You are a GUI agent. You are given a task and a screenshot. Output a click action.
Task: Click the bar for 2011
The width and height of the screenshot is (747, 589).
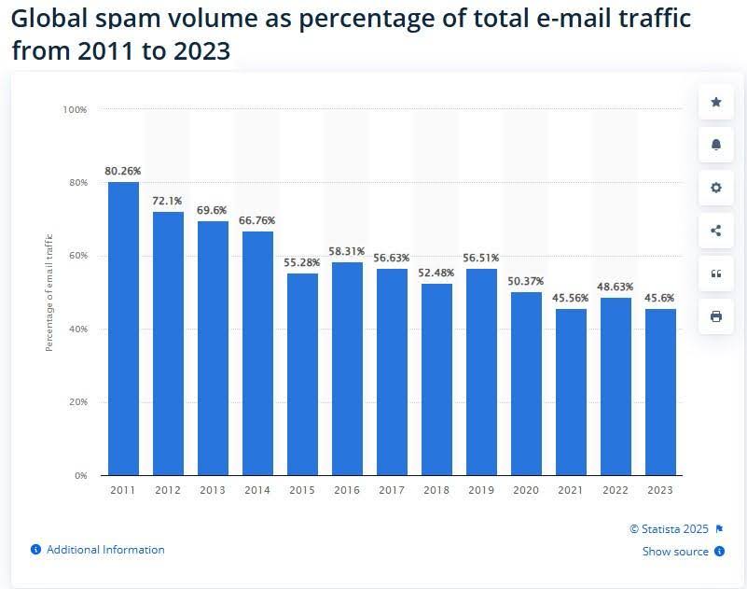coord(123,328)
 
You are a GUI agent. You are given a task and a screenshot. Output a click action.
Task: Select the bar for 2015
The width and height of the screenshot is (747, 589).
coord(302,373)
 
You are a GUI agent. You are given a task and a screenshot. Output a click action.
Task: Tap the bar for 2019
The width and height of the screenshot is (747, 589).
coord(481,372)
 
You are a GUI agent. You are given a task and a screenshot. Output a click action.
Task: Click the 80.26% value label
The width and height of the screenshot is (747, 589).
coord(123,171)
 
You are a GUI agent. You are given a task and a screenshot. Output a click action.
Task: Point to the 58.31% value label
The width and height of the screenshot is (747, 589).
coord(347,251)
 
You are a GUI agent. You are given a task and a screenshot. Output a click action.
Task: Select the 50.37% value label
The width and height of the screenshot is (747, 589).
coord(526,281)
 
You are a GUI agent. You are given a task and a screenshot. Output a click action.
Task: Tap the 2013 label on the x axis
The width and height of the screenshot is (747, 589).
coord(213,489)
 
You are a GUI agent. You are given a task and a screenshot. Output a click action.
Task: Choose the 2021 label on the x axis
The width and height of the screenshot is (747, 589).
coord(571,489)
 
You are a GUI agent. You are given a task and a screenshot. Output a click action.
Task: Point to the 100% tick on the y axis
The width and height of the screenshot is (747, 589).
coord(75,110)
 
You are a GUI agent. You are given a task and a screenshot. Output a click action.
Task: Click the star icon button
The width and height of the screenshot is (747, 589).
coord(715,102)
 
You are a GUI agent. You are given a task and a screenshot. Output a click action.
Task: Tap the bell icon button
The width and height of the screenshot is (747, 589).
coord(715,145)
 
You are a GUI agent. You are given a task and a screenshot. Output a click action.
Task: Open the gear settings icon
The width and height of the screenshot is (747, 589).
coord(715,188)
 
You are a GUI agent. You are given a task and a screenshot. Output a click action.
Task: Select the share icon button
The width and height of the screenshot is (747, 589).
coord(715,231)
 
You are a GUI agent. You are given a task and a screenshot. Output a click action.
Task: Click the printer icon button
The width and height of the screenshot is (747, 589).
coord(715,316)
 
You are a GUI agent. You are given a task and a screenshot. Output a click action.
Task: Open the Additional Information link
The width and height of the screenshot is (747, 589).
coord(104,550)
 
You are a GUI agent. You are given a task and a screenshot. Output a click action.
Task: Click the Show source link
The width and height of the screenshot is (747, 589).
coord(675,552)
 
